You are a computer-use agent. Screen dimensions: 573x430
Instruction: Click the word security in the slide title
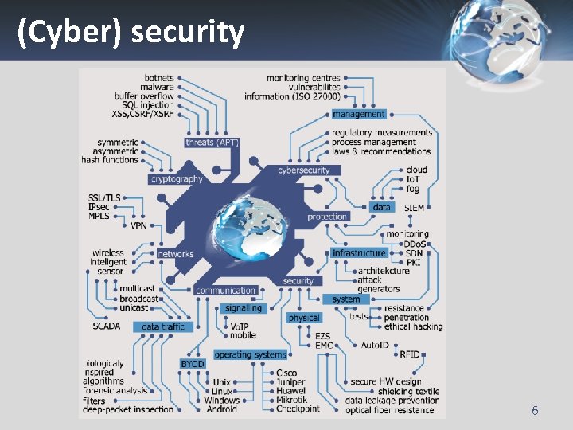188,32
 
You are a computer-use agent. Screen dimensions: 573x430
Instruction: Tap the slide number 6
535,411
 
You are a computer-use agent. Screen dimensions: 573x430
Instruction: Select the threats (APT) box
212,143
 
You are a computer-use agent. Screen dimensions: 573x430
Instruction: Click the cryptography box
177,179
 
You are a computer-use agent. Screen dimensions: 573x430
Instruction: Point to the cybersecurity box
303,170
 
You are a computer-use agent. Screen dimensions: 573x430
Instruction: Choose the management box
358,114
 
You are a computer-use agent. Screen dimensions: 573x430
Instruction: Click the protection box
327,217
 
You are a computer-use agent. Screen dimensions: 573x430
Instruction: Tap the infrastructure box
359,252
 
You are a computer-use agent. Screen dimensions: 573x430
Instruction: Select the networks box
175,254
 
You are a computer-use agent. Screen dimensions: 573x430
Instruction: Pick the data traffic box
162,326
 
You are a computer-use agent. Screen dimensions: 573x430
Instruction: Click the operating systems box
250,354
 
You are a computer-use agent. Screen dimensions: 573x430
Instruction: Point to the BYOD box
193,364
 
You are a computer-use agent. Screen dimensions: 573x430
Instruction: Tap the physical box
304,318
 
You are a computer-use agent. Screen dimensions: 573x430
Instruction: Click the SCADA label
106,326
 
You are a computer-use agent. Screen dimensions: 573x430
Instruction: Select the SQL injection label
147,105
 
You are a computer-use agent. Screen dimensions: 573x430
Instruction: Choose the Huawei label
290,391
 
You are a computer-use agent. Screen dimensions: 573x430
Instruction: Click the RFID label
410,354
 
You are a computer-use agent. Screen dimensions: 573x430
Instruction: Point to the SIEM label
414,207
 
